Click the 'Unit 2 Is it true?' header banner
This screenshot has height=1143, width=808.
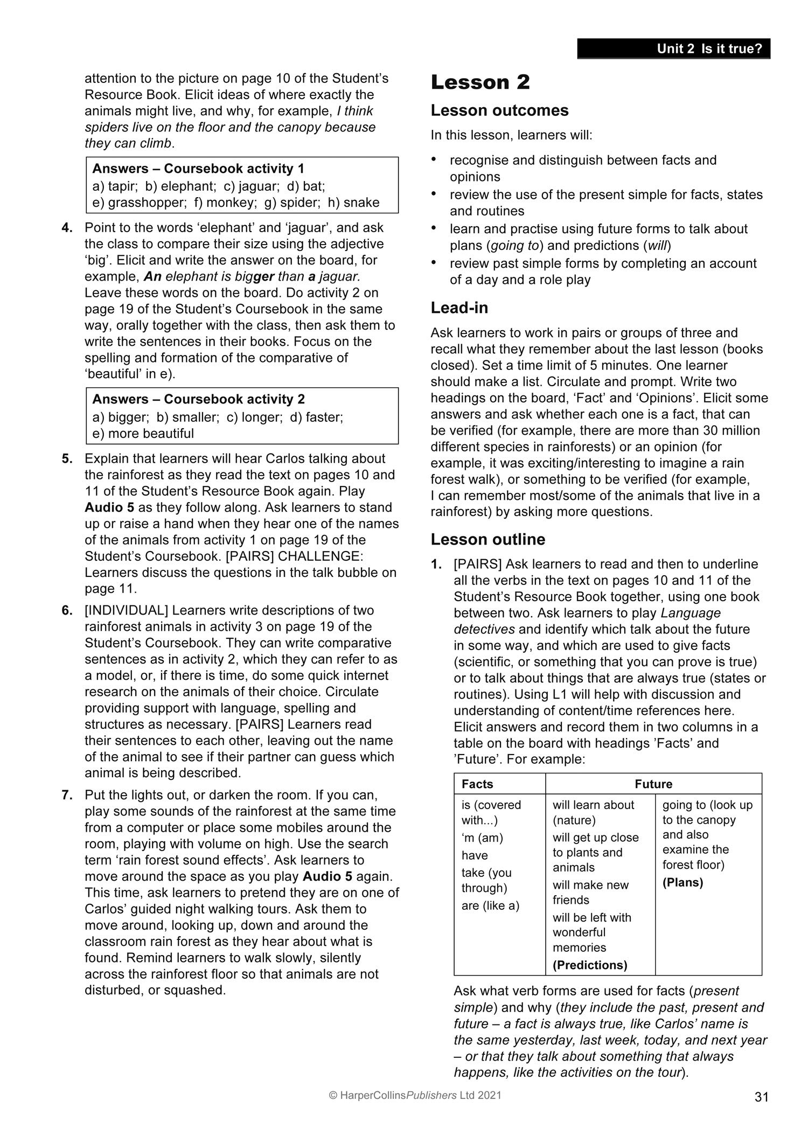pos(673,48)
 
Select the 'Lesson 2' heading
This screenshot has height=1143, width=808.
pos(480,82)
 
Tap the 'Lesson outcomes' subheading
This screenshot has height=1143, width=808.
pos(499,110)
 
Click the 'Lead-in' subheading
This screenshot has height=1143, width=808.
pos(459,308)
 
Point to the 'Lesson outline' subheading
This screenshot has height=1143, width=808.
pos(487,539)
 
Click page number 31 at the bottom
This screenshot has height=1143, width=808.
pos(761,1097)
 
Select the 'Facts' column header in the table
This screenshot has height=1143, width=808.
pos(477,784)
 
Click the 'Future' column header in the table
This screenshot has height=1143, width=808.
pos(653,784)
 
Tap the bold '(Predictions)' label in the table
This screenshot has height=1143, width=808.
pos(590,965)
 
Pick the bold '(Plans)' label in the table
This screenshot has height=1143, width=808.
pos(682,882)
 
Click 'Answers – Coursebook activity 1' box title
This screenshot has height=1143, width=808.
pos(198,169)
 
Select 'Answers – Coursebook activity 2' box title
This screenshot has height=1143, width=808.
pos(198,399)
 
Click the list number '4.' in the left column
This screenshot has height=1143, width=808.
pos(67,227)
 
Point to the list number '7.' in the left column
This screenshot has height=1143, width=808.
pos(67,795)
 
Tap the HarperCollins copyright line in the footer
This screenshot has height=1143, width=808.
pos(415,1095)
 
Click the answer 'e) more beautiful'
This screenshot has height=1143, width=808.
pos(143,434)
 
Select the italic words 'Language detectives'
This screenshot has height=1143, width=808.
pos(587,621)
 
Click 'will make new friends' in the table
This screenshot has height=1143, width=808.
pos(590,892)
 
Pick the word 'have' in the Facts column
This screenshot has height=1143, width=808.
pos(475,855)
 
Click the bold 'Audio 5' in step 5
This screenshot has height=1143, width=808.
pos(109,507)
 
